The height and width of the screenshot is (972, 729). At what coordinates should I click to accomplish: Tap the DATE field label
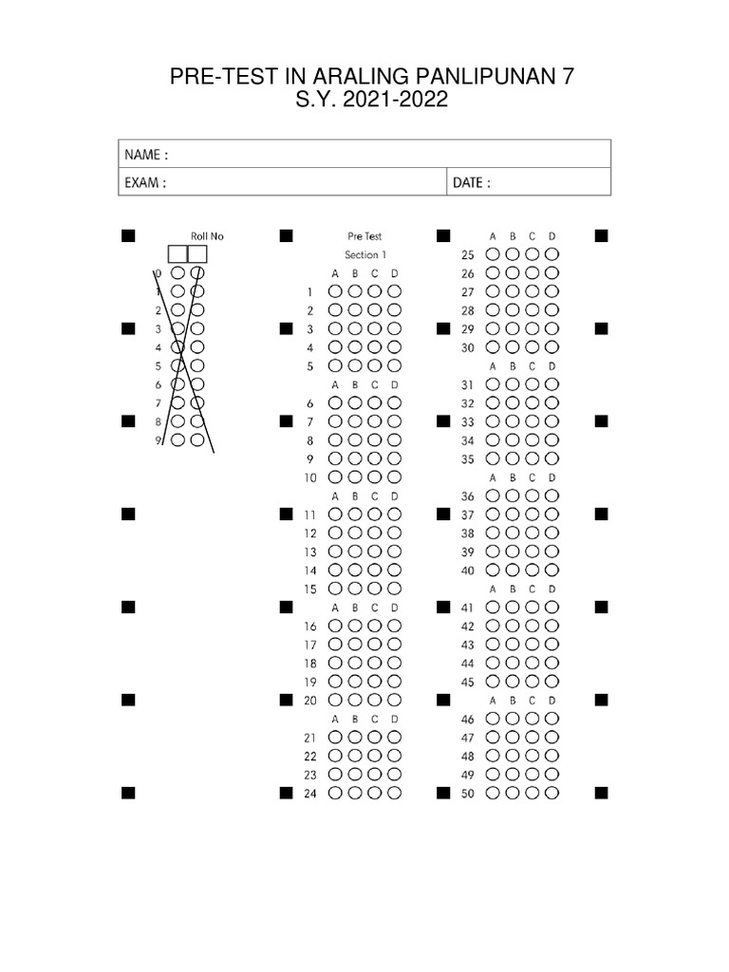(x=472, y=183)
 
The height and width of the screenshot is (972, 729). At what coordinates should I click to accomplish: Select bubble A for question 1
(x=335, y=292)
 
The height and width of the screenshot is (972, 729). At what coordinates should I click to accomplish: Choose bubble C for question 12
(x=374, y=533)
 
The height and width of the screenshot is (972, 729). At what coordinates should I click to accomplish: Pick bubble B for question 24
(x=355, y=794)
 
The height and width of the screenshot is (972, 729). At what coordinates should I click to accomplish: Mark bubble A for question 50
(x=493, y=794)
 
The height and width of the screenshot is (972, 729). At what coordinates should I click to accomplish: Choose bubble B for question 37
(x=513, y=514)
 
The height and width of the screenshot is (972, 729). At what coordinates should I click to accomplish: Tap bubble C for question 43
(x=532, y=645)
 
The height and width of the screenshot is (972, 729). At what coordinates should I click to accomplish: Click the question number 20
(x=309, y=701)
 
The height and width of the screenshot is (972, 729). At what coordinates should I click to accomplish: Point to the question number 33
(x=467, y=421)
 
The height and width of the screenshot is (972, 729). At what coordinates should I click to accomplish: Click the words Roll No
(x=207, y=236)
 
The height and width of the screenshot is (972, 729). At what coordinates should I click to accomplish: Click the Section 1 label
(x=364, y=254)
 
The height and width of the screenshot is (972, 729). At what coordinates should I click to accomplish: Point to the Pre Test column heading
(x=364, y=236)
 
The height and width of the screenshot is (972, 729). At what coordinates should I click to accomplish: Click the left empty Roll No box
(x=178, y=253)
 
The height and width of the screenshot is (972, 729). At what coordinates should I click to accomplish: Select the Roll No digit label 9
(x=159, y=440)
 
